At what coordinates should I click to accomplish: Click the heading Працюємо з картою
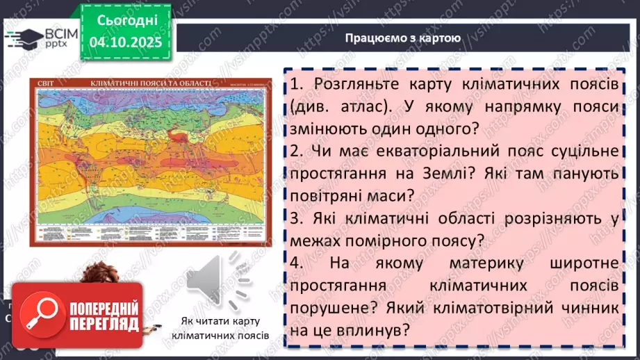click(x=402, y=38)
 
